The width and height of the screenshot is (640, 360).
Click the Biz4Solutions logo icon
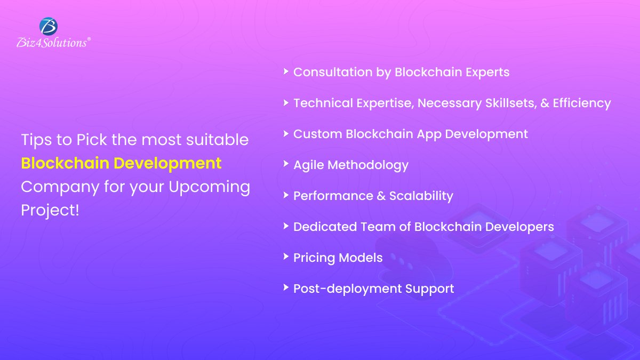coord(49,26)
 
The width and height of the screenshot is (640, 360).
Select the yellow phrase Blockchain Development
coord(121,163)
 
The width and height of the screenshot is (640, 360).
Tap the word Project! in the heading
coord(50,210)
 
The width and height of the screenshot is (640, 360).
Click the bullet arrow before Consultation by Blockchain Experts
coord(286,70)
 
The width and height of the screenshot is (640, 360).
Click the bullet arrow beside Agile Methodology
coord(286,163)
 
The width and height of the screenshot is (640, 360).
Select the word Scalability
coord(421,196)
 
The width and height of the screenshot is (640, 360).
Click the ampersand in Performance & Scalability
coord(381,196)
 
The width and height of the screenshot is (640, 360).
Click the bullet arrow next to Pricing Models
coord(286,256)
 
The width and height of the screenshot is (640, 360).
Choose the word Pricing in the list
coord(314,258)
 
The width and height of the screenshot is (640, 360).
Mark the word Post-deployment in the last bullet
coord(347,289)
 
